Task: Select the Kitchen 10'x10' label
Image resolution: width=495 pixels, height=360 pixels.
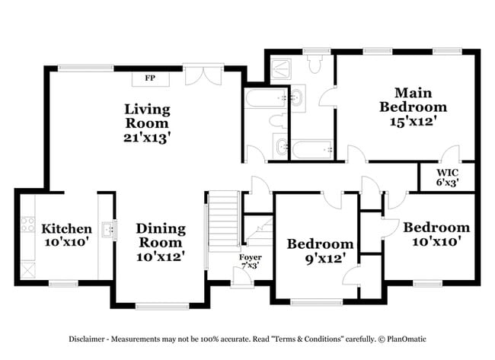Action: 66,234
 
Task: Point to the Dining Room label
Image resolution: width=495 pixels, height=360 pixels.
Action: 161,242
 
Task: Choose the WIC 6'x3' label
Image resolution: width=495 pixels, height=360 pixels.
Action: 447,177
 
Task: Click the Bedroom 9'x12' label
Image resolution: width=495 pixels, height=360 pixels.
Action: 320,251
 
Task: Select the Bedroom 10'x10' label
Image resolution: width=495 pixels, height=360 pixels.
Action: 436,234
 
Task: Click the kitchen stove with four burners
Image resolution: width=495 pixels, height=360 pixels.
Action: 29,225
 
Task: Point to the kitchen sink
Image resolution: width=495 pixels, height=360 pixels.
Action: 112,228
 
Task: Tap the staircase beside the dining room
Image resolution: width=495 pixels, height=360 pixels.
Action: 224,222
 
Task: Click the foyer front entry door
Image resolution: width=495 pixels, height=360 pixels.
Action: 242,277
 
